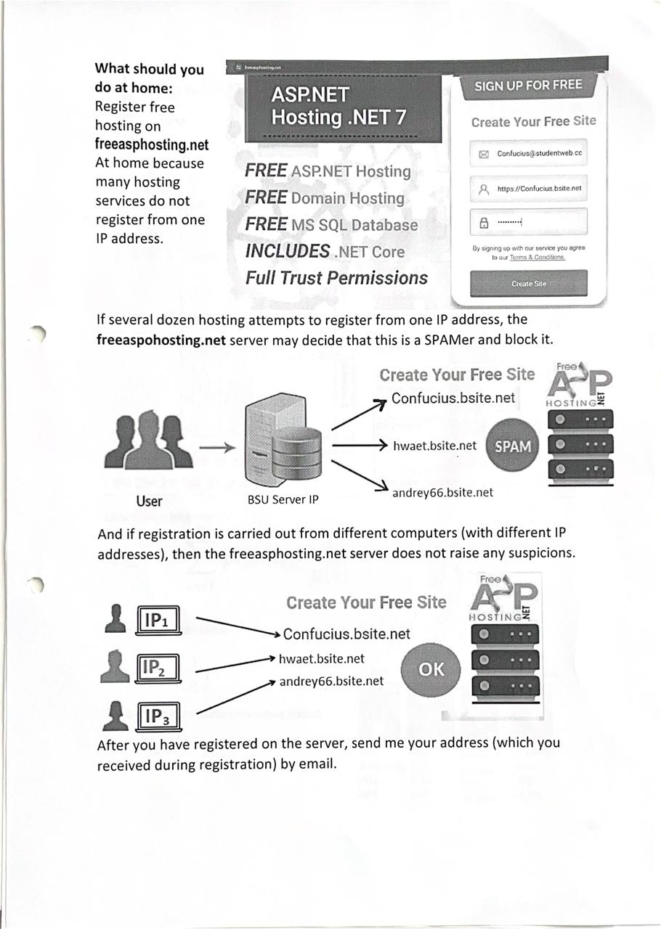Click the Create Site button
[528, 283]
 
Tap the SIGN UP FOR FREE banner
[528, 86]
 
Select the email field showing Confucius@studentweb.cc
[528, 154]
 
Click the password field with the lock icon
[528, 222]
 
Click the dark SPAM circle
[512, 446]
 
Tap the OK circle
[431, 669]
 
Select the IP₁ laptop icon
[158, 621]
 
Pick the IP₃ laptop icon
[158, 717]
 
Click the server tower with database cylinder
[283, 443]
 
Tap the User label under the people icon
[149, 501]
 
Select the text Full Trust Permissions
[336, 278]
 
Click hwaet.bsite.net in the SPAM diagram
[434, 446]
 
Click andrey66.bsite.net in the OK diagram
[331, 681]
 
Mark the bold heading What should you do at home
[149, 78]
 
